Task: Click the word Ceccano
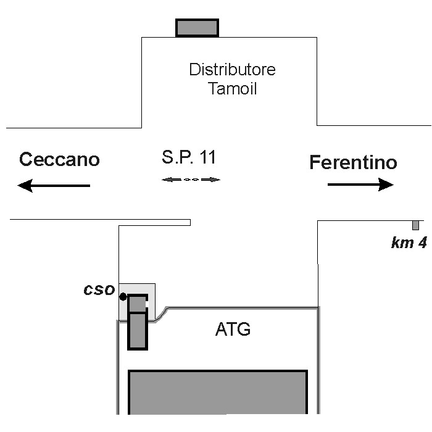pyautogui.click(x=59, y=159)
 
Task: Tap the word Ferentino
pyautogui.click(x=353, y=163)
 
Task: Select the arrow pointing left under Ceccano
pyautogui.click(x=54, y=185)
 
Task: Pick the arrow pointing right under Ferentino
pyautogui.click(x=360, y=185)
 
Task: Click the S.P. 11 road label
pyautogui.click(x=189, y=157)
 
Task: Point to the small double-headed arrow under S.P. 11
pyautogui.click(x=191, y=180)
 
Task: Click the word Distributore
pyautogui.click(x=232, y=69)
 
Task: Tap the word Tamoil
pyautogui.click(x=232, y=88)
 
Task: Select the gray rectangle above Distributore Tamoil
pyautogui.click(x=197, y=28)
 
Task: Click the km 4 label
pyautogui.click(x=409, y=243)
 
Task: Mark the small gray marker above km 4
pyautogui.click(x=415, y=225)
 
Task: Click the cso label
pyautogui.click(x=99, y=290)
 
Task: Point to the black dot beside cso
pyautogui.click(x=123, y=297)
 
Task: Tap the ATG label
pyautogui.click(x=233, y=330)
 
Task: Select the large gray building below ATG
pyautogui.click(x=217, y=392)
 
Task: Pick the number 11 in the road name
pyautogui.click(x=207, y=157)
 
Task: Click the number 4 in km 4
pyautogui.click(x=422, y=243)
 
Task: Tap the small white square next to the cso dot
pyautogui.click(x=147, y=304)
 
